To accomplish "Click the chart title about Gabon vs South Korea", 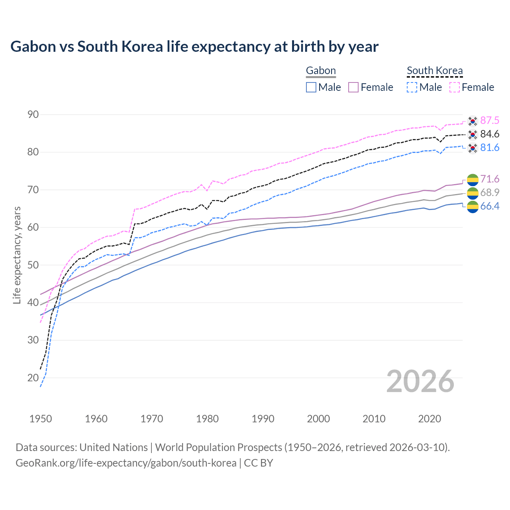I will point(194,47).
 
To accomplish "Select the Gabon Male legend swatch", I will point(311,87).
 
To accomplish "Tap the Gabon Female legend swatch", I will point(353,87).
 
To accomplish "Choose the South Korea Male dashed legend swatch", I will point(412,87).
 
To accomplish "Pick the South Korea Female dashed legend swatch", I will point(455,87).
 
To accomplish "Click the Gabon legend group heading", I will point(321,71).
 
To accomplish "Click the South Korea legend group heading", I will point(435,71).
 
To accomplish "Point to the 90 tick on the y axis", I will point(33,115).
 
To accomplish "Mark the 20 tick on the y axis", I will point(33,378).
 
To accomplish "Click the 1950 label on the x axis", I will point(41,419).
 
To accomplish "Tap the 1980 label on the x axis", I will point(207,419).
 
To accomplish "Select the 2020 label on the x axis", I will point(430,419).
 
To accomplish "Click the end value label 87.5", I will point(490,121).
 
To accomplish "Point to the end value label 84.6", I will point(490,134).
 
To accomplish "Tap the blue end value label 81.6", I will point(490,148).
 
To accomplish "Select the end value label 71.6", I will point(490,179).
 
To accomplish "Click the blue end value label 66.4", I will point(490,206).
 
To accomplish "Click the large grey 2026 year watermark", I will point(420,381).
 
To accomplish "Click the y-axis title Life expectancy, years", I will point(17,255).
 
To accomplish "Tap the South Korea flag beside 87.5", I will point(473,121).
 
